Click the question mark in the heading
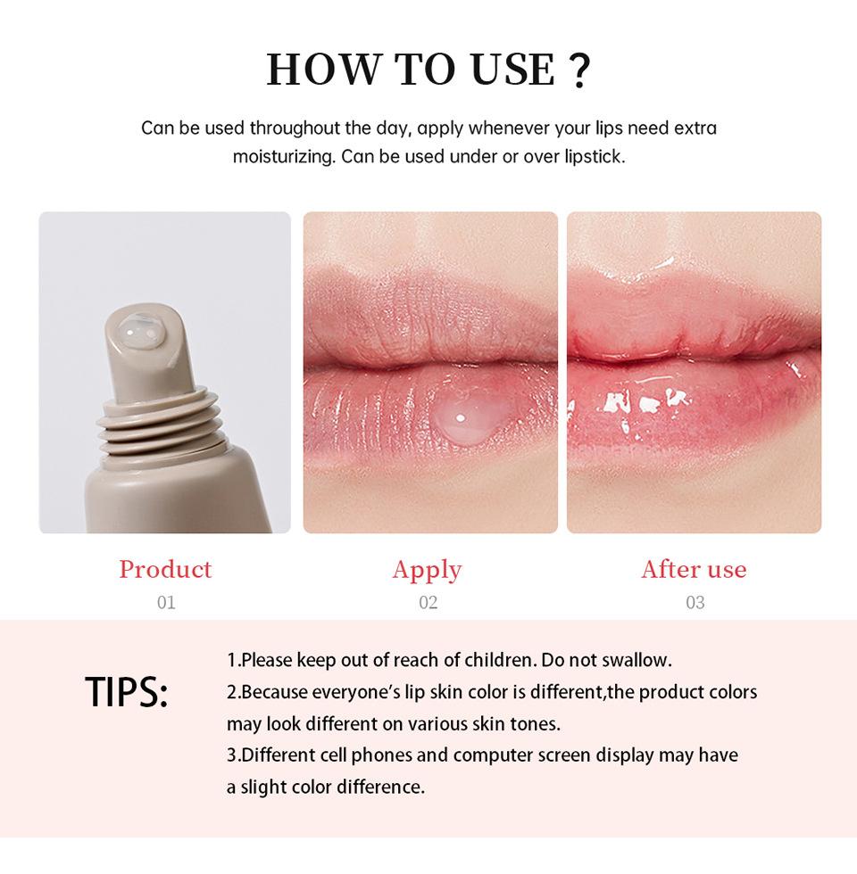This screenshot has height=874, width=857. pos(578,70)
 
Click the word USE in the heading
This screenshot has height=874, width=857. pos(505,70)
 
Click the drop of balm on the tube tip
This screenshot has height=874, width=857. pos(141,334)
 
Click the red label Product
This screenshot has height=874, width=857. pos(165,569)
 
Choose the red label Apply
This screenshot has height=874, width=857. pos(427,570)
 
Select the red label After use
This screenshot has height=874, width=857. pos(694,569)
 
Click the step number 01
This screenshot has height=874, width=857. pos(166,603)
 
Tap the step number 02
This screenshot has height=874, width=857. pos(428,603)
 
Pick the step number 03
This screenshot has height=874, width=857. pos(695,603)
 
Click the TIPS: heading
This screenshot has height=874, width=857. pos(127,692)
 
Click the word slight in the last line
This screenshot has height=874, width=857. pos(269,787)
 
